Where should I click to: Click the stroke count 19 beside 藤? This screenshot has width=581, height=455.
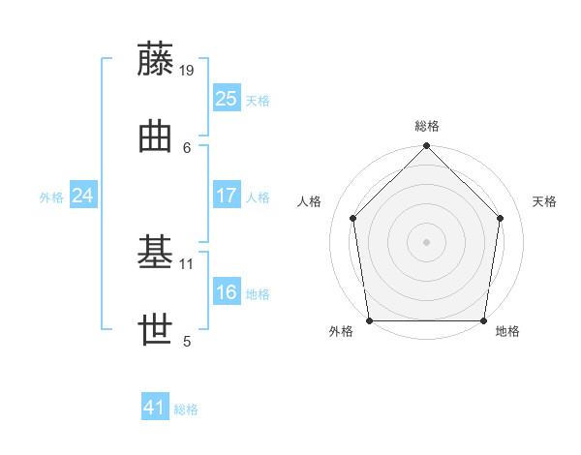[187, 70]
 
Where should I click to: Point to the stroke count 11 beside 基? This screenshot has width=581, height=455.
[187, 263]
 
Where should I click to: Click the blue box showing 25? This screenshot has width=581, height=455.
[226, 98]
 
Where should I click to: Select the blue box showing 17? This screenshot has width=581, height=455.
[226, 196]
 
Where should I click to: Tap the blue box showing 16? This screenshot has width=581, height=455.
[226, 293]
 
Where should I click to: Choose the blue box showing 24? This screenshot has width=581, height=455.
[83, 196]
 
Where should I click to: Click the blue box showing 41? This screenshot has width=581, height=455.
[155, 408]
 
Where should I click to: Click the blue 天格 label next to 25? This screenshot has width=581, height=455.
[258, 100]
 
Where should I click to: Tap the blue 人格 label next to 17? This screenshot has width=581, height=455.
[258, 197]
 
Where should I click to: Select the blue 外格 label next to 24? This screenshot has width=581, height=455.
[51, 197]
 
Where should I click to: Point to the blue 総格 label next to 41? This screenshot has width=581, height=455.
[186, 409]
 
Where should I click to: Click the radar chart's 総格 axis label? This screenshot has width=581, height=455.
[427, 126]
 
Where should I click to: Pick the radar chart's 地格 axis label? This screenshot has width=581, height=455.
[507, 331]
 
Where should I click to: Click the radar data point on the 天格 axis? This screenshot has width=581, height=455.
[501, 218]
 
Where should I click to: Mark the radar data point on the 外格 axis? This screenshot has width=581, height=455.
[370, 320]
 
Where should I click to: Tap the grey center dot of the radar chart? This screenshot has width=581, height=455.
[427, 241]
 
